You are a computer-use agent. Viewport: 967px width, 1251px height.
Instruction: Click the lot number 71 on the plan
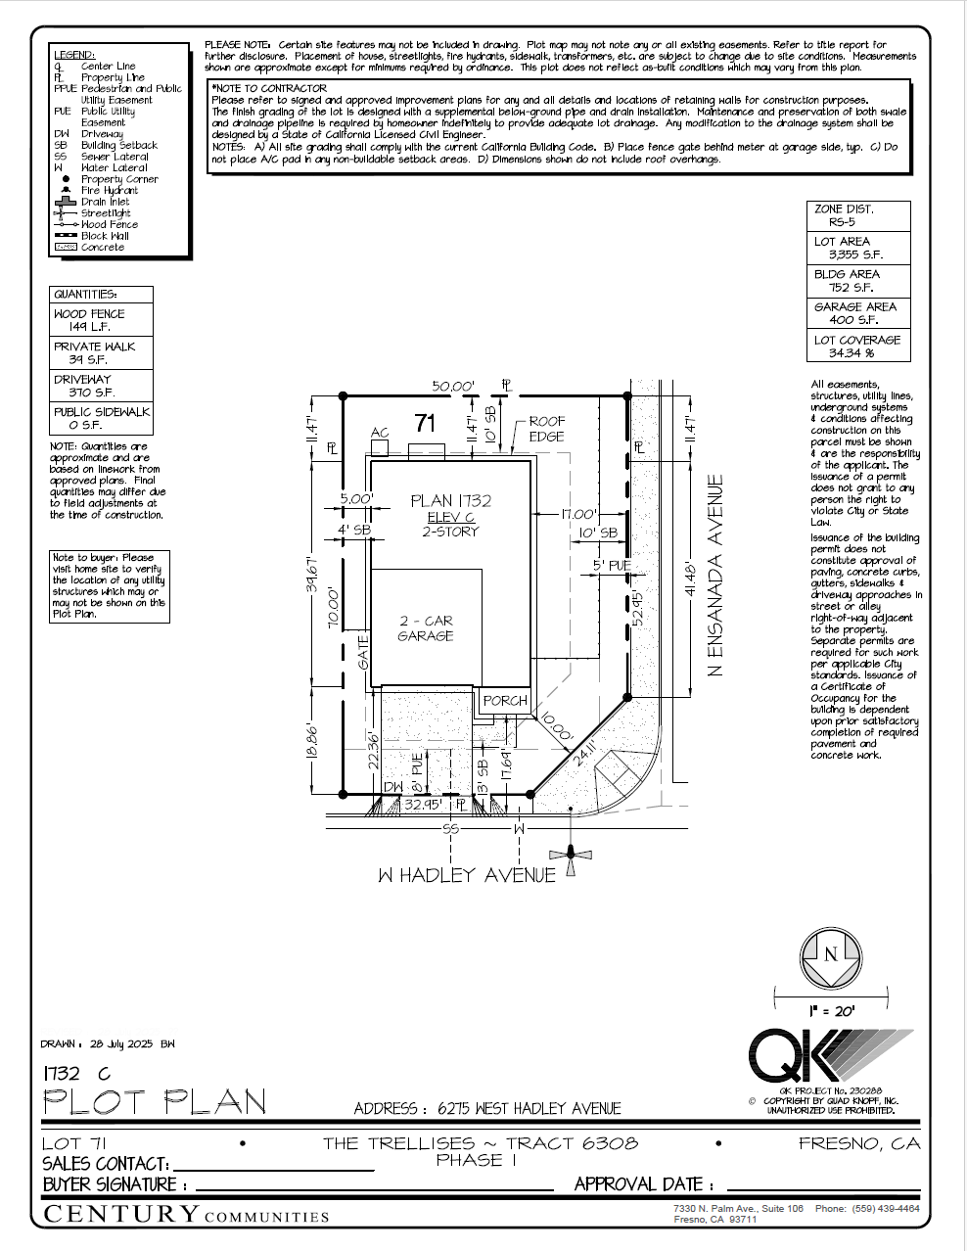425,423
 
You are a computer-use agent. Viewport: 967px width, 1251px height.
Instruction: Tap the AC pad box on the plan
380,447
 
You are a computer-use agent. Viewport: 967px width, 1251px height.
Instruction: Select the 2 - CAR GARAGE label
426,628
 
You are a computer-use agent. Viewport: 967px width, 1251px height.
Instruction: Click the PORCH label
505,701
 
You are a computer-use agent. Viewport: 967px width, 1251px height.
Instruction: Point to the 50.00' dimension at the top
453,387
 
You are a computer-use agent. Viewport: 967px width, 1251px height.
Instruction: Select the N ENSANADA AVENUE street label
715,576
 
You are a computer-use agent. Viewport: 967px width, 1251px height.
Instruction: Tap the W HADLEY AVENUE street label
466,875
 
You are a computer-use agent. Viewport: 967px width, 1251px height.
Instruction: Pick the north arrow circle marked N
831,955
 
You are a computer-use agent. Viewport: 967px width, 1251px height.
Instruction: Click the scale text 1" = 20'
832,1011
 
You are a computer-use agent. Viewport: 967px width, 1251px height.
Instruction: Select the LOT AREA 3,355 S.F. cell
857,248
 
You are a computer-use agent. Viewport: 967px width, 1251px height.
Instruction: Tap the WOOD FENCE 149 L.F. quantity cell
101,320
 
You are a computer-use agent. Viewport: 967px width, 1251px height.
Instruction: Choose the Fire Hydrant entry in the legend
109,191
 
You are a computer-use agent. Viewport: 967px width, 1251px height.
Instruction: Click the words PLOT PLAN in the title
155,1102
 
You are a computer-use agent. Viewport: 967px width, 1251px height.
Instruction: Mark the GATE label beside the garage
363,651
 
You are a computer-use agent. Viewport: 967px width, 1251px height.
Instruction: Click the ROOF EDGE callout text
547,429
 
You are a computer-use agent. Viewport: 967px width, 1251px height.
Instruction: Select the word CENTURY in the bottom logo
122,1215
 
